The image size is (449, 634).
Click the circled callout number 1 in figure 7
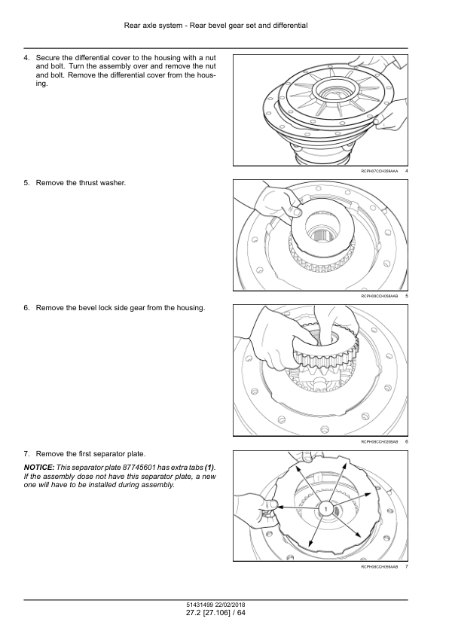point(325,508)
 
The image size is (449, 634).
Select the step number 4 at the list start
point(26,58)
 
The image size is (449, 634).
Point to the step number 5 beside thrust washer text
point(26,183)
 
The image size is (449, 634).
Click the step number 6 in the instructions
point(26,308)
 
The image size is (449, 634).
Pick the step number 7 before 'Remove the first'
point(26,454)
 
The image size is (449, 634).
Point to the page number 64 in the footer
point(241,613)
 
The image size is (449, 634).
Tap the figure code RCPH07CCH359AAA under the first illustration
point(379,172)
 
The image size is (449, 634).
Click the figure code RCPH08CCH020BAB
point(379,442)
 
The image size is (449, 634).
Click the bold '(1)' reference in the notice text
point(209,468)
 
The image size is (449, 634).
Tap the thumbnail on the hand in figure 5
point(298,211)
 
